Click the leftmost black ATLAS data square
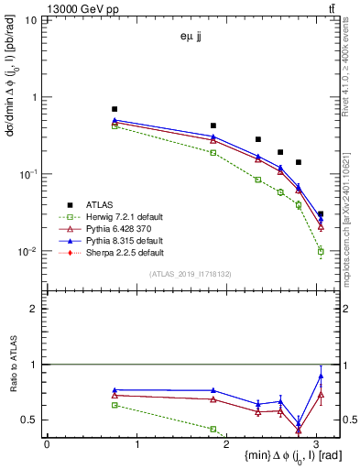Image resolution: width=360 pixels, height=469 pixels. coord(115,109)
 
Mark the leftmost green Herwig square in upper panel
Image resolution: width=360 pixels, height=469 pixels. coord(115,125)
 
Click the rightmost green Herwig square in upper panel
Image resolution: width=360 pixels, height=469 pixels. coord(321,250)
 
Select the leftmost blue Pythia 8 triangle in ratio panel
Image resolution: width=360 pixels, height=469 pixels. coord(115,390)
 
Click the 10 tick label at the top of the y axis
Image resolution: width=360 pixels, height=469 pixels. coord(29,20)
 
